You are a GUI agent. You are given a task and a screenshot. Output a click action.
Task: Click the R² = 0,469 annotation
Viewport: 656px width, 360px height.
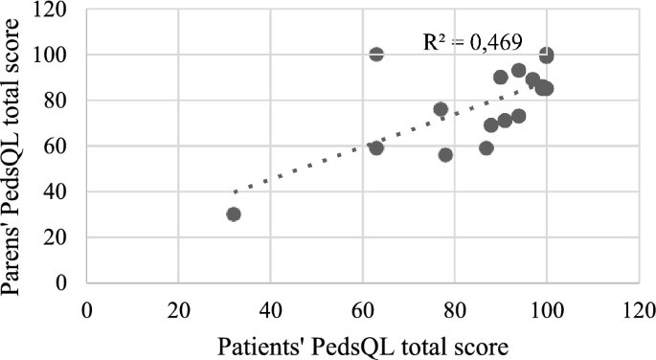(466, 41)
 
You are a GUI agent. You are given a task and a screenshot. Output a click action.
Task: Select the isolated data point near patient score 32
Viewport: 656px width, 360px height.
(234, 214)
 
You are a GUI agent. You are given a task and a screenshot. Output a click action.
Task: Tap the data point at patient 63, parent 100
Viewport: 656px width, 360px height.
(376, 55)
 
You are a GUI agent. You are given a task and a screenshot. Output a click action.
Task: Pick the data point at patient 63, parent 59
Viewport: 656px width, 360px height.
(376, 147)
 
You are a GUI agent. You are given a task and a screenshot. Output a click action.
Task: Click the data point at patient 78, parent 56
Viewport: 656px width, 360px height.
(445, 155)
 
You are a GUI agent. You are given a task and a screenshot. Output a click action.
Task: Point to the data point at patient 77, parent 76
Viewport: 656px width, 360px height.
(441, 109)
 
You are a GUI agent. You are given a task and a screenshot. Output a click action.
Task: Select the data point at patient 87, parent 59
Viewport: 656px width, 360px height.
(486, 147)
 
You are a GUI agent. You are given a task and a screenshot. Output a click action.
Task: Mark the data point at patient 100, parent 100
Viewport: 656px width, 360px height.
(546, 56)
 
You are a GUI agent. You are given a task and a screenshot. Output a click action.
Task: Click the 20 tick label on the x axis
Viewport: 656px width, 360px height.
(178, 309)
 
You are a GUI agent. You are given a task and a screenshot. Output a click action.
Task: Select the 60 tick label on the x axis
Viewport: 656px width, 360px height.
(362, 309)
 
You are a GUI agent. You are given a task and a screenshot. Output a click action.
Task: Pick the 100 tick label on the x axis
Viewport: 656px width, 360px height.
(546, 309)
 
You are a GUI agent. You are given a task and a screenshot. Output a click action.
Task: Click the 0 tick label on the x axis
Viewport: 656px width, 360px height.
(86, 309)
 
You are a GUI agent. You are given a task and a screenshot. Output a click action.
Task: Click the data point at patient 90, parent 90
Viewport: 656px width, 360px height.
(501, 78)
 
